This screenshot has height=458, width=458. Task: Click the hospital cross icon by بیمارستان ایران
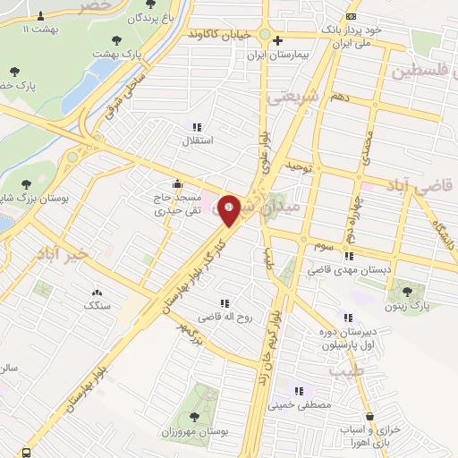(x=278, y=40)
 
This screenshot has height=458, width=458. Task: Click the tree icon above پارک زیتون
(x=409, y=291)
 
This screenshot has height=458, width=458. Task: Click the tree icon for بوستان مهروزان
(x=195, y=416)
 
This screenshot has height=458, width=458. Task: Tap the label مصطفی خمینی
(x=298, y=404)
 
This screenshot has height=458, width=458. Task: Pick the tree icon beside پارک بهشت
(x=116, y=39)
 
